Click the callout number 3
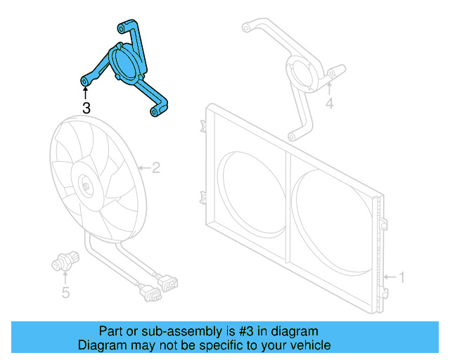[86, 108]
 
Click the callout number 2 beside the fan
[156, 167]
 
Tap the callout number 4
[328, 105]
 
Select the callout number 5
[65, 292]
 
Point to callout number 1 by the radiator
[401, 277]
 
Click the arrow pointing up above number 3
[85, 92]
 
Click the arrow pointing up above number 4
[328, 89]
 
